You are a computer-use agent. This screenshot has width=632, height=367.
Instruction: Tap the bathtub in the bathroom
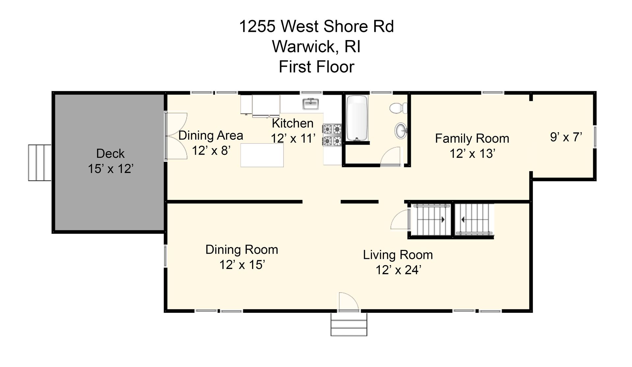[357, 118]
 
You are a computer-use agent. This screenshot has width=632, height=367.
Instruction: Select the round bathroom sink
[401, 131]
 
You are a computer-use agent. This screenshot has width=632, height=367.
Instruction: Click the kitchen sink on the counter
[311, 104]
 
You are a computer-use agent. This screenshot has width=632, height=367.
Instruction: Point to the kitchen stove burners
[332, 135]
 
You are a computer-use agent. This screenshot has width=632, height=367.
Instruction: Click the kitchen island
[262, 155]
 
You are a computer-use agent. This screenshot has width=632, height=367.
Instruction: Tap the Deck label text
[110, 154]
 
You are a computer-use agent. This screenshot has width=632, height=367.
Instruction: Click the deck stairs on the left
[39, 162]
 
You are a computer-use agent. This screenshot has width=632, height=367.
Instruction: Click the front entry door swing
[348, 301]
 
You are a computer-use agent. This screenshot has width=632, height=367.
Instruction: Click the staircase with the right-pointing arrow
[432, 219]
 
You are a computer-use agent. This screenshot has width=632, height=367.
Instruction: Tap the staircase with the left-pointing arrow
[474, 219]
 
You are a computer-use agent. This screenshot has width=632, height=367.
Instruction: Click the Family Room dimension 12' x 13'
[472, 154]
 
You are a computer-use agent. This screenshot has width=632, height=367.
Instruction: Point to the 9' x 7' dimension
[566, 137]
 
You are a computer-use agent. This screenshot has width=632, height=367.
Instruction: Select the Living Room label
[398, 255]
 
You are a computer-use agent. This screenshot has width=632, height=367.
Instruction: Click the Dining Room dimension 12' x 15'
[242, 265]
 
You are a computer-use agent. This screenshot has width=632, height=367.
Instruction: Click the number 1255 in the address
[257, 26]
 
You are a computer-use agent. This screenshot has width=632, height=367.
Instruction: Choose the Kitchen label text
[293, 123]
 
